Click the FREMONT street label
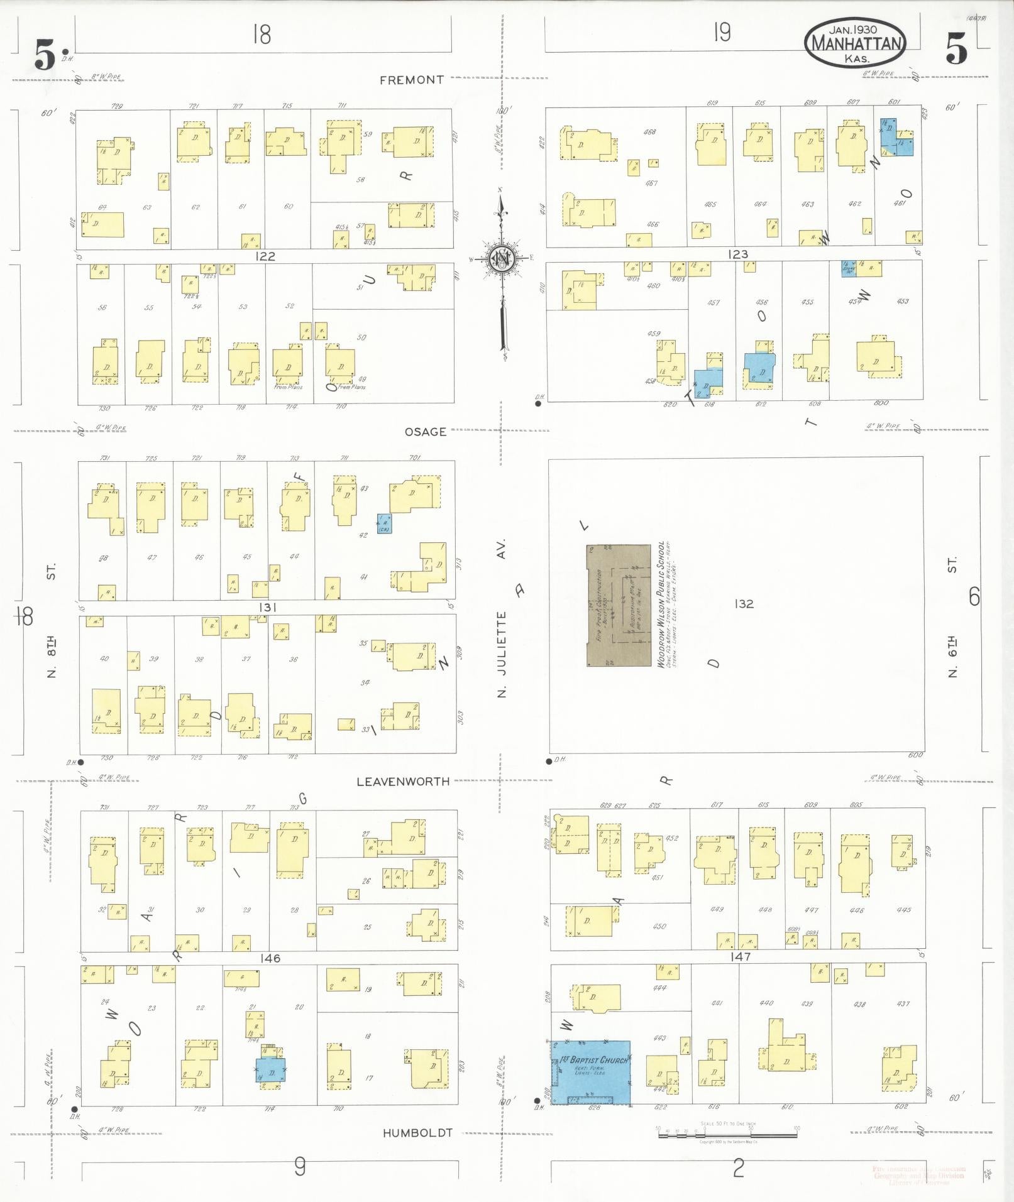412,80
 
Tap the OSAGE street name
426,432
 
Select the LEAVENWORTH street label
403,782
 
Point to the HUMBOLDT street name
417,1133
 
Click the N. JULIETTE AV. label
502,618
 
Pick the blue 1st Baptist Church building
591,1071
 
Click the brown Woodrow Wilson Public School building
619,605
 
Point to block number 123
738,254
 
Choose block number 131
267,608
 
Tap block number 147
741,956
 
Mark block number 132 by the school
743,604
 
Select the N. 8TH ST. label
52,622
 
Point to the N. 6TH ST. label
952,622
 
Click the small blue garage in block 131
384,523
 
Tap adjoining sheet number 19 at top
722,32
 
